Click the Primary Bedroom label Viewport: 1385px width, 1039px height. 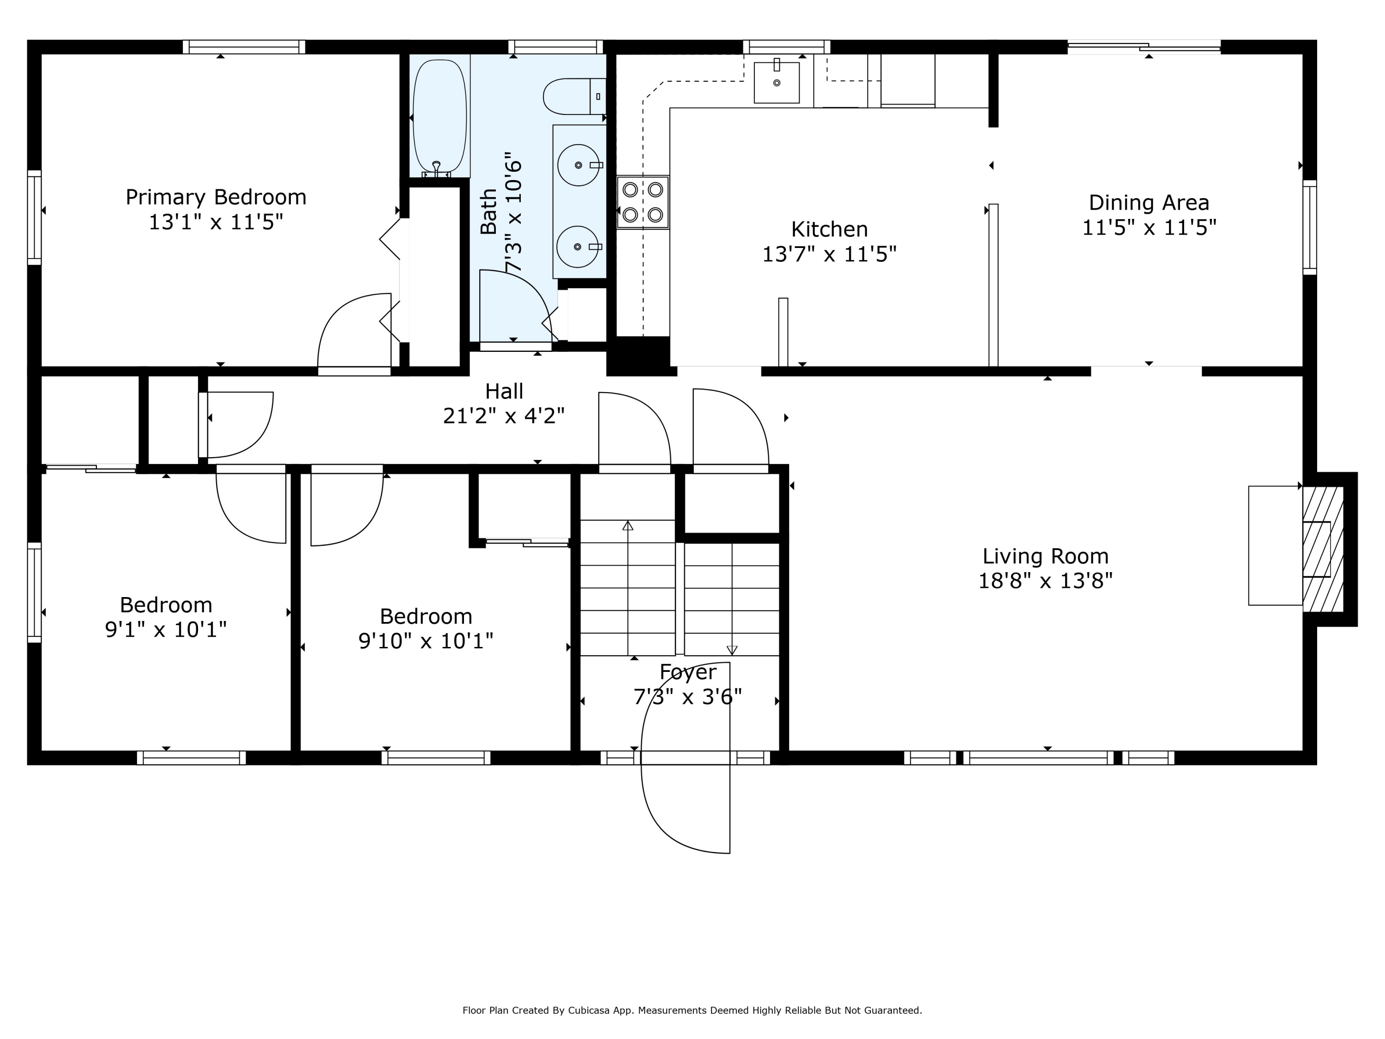[x=216, y=197]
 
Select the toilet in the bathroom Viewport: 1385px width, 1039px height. [x=574, y=97]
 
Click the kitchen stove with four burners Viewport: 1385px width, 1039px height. [x=643, y=202]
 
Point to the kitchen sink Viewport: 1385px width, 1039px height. [x=777, y=83]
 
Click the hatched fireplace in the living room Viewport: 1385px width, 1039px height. [x=1323, y=549]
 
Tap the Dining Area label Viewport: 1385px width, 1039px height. [x=1149, y=203]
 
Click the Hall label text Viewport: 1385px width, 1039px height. [x=504, y=392]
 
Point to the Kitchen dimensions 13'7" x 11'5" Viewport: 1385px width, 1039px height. [x=830, y=254]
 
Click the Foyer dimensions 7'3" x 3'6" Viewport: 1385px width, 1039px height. [x=687, y=696]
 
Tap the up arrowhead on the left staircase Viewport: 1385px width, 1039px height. [x=628, y=526]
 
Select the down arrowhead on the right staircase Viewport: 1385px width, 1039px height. [x=732, y=650]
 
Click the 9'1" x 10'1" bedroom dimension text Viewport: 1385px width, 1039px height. [x=166, y=629]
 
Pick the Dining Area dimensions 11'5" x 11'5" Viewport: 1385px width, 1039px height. [x=1149, y=227]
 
